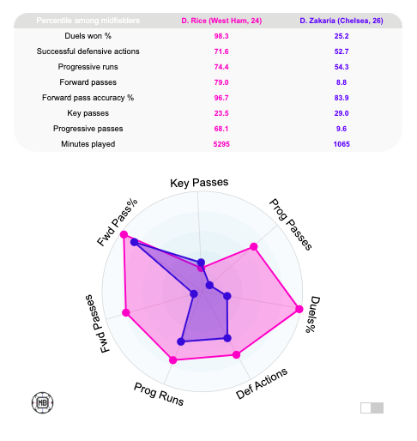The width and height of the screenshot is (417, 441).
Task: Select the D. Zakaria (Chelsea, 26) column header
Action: point(341,20)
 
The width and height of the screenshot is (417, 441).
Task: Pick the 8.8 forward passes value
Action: point(341,82)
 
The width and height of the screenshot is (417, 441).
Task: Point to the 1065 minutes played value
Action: point(341,144)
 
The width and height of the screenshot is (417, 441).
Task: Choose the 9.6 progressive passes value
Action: point(341,129)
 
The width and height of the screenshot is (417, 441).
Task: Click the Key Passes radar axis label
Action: point(199,184)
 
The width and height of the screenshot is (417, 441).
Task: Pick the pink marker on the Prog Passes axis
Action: point(253,247)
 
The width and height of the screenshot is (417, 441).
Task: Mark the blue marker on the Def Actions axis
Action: point(227,338)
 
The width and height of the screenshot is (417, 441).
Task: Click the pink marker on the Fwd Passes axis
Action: point(127,312)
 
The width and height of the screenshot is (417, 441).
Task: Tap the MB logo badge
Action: point(41,401)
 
